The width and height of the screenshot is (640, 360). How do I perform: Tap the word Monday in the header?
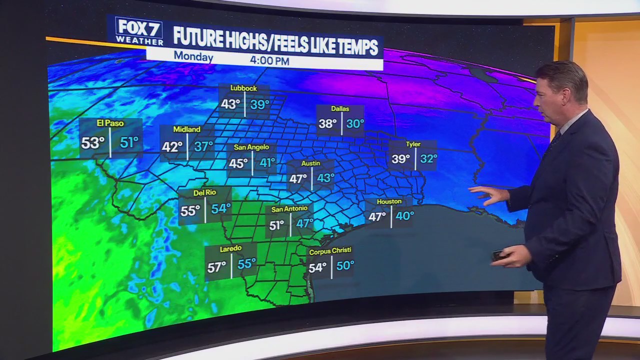[193, 57]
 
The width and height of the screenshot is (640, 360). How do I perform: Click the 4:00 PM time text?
[269, 61]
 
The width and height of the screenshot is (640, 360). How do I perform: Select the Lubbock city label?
[243, 88]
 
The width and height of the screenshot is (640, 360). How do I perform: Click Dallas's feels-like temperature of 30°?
[355, 124]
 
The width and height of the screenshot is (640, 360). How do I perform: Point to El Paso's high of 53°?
[92, 143]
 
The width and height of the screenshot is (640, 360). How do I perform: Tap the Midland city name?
[186, 129]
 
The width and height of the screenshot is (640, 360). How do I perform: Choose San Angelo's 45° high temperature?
[238, 163]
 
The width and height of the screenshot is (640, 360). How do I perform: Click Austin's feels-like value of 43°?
[325, 178]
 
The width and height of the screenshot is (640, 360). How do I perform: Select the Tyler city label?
[413, 144]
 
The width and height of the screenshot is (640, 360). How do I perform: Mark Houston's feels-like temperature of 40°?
[404, 216]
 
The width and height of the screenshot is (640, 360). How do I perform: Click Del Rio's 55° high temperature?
[190, 211]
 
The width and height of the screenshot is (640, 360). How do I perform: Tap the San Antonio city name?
[289, 209]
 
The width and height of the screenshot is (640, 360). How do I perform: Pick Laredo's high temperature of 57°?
[216, 267]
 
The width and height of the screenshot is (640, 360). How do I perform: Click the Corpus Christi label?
[330, 250]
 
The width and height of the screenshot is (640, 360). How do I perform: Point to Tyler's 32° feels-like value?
[428, 159]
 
